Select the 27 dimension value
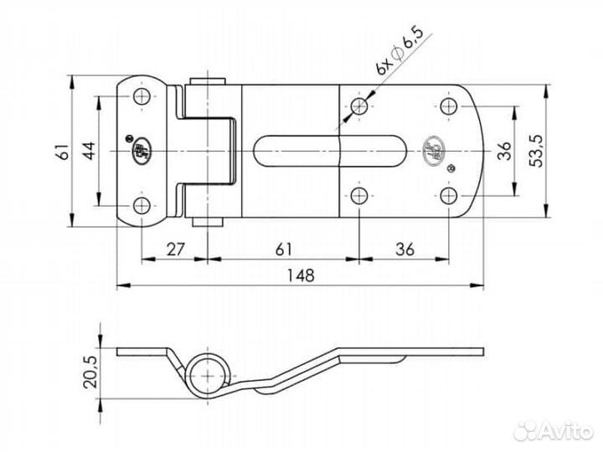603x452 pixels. (x=176, y=248)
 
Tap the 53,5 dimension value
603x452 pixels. (x=539, y=151)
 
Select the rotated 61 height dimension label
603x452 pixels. (x=60, y=152)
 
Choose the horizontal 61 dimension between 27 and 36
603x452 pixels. (x=285, y=248)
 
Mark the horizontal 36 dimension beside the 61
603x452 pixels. (x=405, y=248)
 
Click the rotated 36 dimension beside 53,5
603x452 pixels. (x=504, y=151)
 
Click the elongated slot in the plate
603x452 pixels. (x=332, y=152)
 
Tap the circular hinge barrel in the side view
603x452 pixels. (x=205, y=373)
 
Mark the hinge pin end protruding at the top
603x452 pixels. (x=206, y=83)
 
